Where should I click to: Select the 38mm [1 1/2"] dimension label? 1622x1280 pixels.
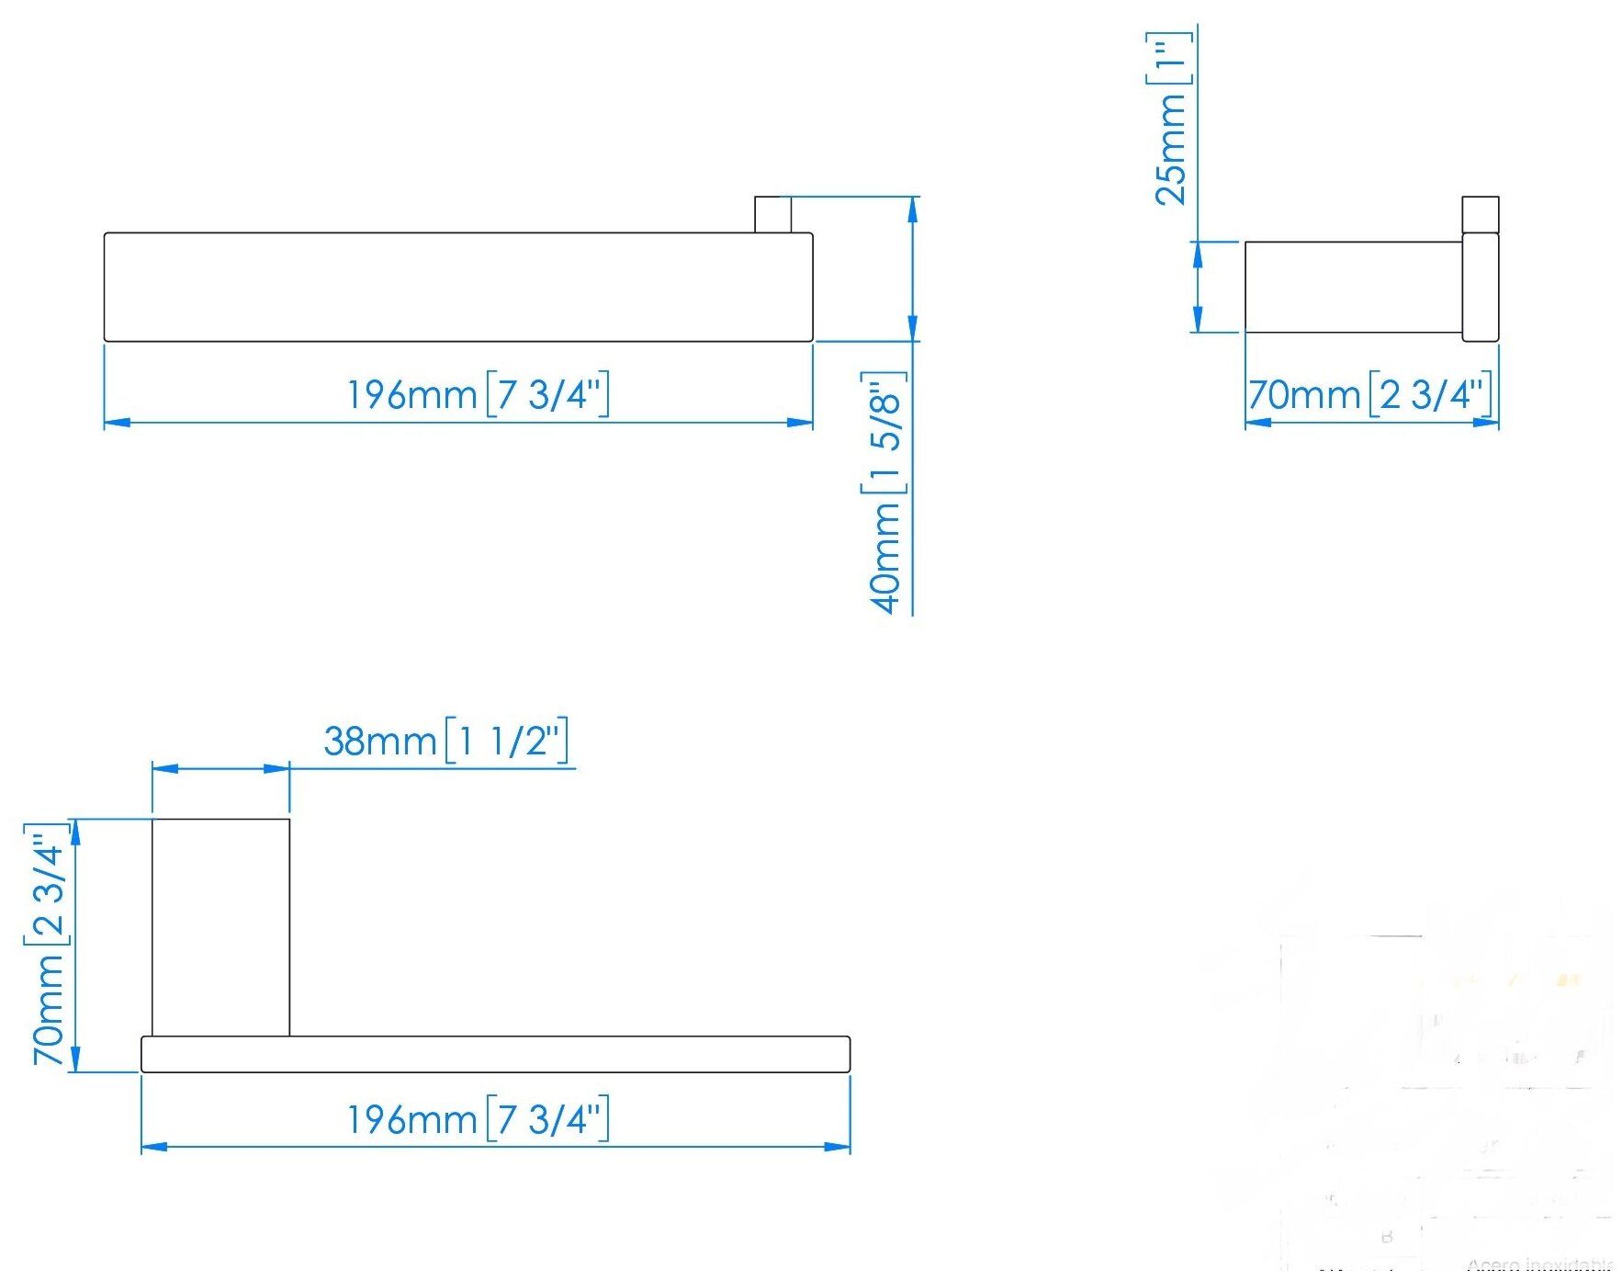pyautogui.click(x=445, y=741)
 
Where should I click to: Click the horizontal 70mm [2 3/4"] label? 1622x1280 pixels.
pyautogui.click(x=1369, y=395)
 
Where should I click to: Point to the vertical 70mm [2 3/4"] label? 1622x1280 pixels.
pyautogui.click(x=49, y=944)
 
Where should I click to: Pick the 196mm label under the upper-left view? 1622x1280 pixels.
pyautogui.click(x=478, y=395)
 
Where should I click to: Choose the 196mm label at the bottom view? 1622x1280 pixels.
pyautogui.click(x=478, y=1120)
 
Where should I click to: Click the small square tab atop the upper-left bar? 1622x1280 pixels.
pyautogui.click(x=772, y=214)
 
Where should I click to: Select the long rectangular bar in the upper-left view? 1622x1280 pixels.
pyautogui.click(x=458, y=287)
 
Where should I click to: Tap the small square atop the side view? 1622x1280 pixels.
pyautogui.click(x=1480, y=214)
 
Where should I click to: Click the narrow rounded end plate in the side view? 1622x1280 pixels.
pyautogui.click(x=1480, y=287)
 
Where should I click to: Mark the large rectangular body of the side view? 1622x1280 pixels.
pyautogui.click(x=1353, y=287)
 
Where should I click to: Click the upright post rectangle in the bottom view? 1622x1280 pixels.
pyautogui.click(x=220, y=926)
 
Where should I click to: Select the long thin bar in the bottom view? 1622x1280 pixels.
pyautogui.click(x=495, y=1054)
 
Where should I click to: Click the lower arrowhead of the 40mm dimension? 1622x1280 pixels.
pyautogui.click(x=912, y=328)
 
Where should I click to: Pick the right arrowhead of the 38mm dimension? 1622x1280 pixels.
pyautogui.click(x=276, y=768)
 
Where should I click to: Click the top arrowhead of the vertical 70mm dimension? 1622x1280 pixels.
pyautogui.click(x=75, y=832)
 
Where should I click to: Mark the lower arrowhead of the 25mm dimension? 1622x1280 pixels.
pyautogui.click(x=1198, y=320)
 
